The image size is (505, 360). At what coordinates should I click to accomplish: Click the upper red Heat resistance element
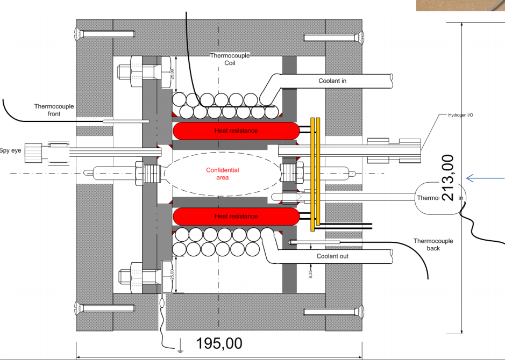(236, 131)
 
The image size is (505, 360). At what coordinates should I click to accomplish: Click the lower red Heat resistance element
(236, 217)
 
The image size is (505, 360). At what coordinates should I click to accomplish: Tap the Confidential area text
(222, 174)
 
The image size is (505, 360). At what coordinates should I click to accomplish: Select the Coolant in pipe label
(332, 81)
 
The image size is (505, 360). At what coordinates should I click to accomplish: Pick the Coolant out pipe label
(332, 256)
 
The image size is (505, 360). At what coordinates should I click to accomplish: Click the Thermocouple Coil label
(223, 59)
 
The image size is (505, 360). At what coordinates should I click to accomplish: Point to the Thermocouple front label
(54, 110)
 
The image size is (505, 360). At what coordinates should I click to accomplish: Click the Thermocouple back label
(433, 244)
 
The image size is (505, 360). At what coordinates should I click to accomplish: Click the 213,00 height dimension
(448, 177)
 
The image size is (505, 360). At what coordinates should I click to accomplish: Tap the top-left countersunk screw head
(81, 34)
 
